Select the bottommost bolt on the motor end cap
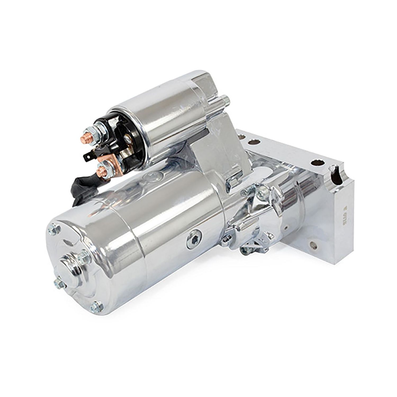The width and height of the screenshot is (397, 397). (94, 307)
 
